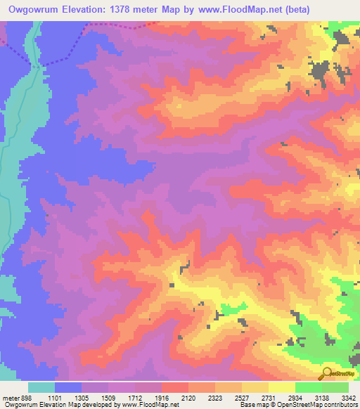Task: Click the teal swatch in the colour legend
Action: coord(41,387)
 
